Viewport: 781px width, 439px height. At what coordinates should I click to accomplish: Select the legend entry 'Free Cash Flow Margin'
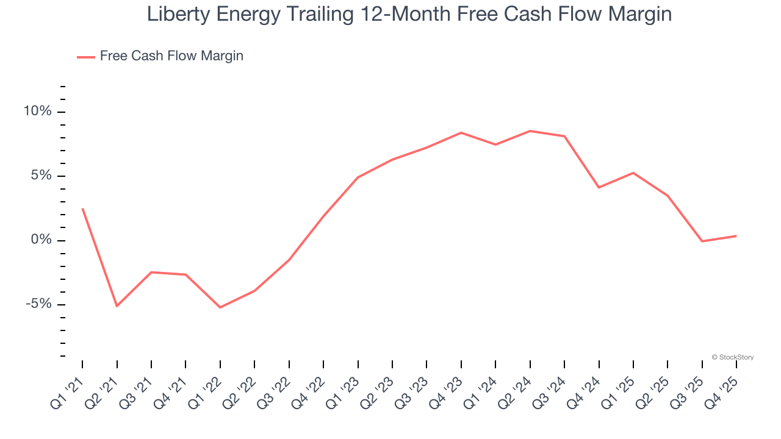coord(171,56)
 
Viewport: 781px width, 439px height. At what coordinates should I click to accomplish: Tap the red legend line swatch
coord(85,57)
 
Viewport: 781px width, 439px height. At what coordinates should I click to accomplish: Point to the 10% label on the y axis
coord(37,112)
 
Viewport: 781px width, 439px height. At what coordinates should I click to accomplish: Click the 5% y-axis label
coord(41,176)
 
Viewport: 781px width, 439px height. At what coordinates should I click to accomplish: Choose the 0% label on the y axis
coord(41,240)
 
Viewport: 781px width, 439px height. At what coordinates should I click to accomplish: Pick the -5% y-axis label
coord(38,304)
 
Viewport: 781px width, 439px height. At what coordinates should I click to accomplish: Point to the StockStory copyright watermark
coord(732,357)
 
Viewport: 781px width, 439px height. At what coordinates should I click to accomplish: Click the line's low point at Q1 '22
coord(220,307)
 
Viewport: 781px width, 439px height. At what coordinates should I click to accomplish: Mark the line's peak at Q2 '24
coord(530,131)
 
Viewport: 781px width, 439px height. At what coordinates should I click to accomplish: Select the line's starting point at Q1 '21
coord(82,209)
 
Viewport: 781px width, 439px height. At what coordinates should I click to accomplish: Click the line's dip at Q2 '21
coord(117,306)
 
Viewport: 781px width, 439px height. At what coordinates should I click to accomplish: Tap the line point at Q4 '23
coord(461,132)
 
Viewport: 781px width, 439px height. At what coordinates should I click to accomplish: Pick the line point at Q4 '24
coord(599,187)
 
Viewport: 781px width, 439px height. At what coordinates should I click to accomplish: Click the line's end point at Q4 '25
coord(736,236)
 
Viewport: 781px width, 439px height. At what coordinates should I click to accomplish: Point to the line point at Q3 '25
coord(702,241)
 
